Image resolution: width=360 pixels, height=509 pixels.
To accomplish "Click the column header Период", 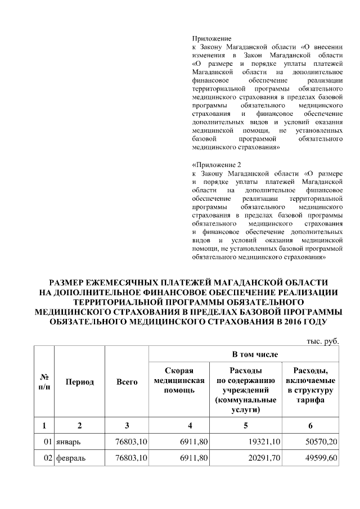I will [x=79, y=382].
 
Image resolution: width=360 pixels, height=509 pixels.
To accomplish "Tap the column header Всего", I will [x=127, y=382].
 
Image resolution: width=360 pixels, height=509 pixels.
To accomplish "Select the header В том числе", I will [x=245, y=354].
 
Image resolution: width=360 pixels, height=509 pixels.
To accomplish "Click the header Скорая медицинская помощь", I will [x=179, y=380].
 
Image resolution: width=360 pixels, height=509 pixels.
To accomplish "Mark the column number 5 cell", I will [x=245, y=425].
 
